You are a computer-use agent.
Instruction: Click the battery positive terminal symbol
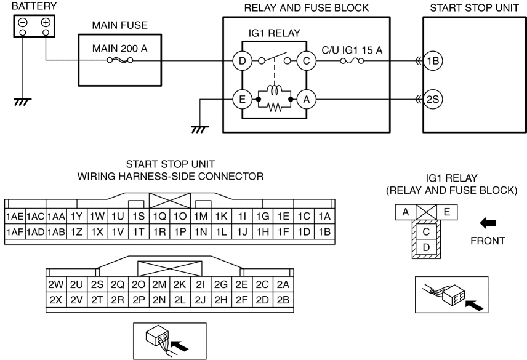click(x=46, y=23)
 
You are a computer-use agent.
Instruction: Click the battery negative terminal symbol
click(x=23, y=23)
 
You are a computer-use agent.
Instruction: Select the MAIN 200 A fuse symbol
click(x=119, y=60)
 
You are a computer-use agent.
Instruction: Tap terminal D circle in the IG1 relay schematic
click(x=243, y=61)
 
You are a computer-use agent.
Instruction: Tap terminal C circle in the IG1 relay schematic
click(x=306, y=61)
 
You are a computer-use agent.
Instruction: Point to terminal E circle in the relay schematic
click(x=243, y=100)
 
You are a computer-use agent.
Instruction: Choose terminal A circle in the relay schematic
click(x=306, y=100)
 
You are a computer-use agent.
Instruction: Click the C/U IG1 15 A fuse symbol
click(x=352, y=61)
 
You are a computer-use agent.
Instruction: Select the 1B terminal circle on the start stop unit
click(x=433, y=61)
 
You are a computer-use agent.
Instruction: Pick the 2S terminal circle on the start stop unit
click(x=433, y=100)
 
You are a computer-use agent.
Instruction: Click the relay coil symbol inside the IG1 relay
click(x=275, y=90)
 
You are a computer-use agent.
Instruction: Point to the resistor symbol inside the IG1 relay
click(x=275, y=108)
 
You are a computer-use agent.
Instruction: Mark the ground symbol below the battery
click(x=23, y=102)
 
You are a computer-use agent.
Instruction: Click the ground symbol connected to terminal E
click(x=200, y=130)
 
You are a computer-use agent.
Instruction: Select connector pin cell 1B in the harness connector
click(x=324, y=232)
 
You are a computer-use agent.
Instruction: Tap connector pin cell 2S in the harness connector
click(x=97, y=284)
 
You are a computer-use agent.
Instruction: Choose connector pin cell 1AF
click(x=15, y=232)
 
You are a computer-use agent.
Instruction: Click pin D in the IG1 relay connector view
click(x=426, y=247)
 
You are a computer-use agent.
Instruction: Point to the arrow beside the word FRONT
click(x=488, y=223)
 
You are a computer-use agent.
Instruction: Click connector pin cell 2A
click(x=283, y=284)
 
